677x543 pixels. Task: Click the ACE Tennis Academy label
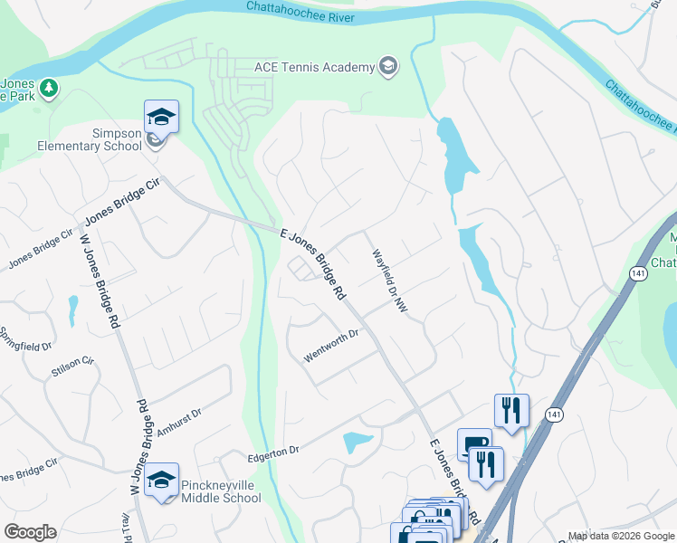coord(314,68)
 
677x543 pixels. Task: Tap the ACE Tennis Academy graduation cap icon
coord(388,67)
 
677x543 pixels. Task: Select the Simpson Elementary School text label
coord(90,139)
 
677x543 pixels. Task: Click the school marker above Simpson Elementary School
coord(161,117)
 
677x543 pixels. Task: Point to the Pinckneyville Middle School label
coord(221,491)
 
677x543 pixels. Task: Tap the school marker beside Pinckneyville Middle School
coord(161,481)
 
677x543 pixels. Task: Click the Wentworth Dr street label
coord(332,346)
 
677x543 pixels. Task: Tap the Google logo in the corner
coord(30,532)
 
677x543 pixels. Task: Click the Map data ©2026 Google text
coord(620,536)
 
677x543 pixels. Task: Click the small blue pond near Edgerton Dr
coord(358,443)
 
